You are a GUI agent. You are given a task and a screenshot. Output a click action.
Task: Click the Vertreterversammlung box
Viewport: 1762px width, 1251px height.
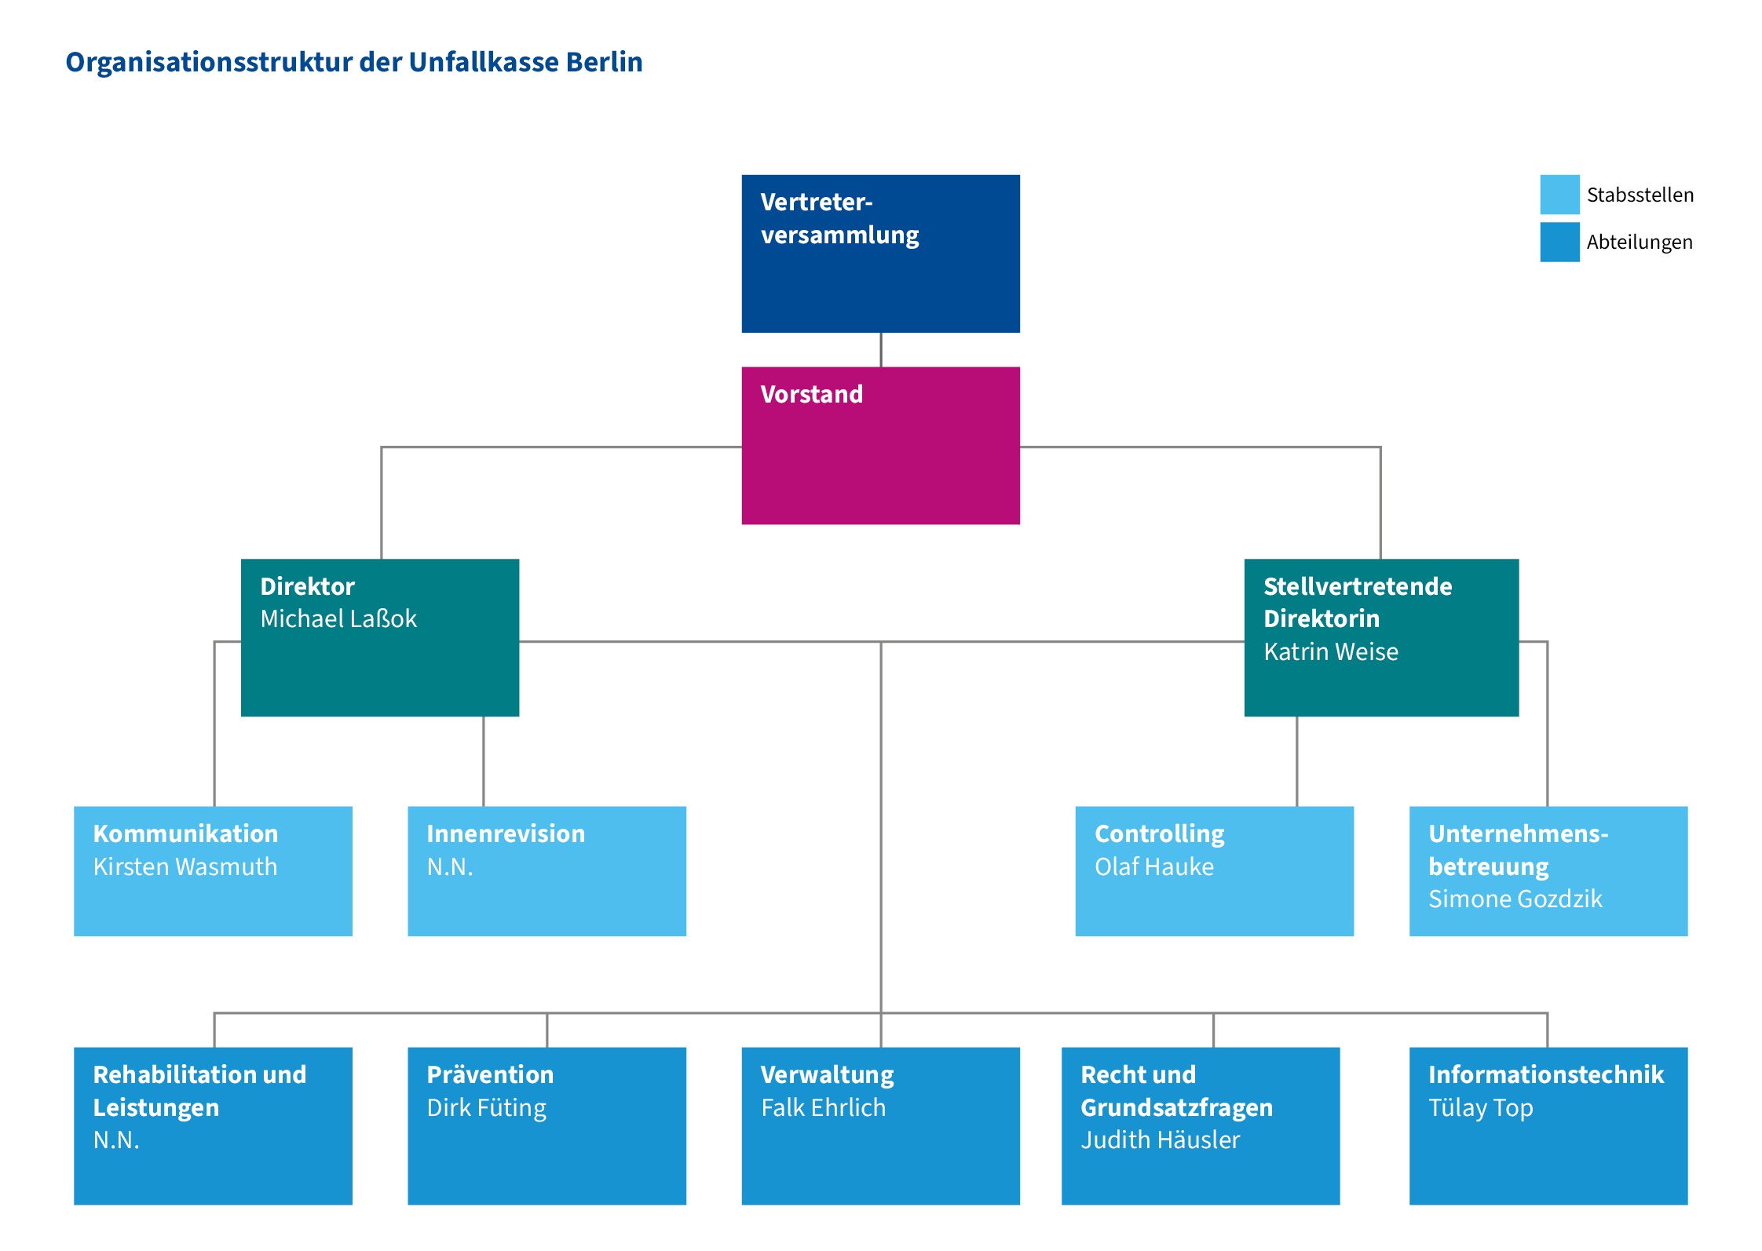tap(880, 253)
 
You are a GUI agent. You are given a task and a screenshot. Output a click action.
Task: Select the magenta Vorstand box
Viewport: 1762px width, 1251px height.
tap(880, 446)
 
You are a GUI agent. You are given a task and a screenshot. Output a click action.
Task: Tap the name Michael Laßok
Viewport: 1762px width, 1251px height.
tap(338, 619)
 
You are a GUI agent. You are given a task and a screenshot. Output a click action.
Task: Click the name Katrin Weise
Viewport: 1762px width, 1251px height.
tap(1331, 652)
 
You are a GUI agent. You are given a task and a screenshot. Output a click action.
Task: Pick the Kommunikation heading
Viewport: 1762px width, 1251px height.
tap(185, 833)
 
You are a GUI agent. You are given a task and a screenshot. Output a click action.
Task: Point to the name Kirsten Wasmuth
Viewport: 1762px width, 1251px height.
tap(185, 866)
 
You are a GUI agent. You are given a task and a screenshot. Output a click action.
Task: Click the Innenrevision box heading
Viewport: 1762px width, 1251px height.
tap(506, 833)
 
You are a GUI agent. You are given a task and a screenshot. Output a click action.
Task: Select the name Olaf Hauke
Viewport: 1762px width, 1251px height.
tap(1154, 866)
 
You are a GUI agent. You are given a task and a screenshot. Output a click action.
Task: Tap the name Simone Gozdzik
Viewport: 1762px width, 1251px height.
tap(1515, 899)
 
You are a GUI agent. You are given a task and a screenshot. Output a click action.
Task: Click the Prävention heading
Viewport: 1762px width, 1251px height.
tap(490, 1074)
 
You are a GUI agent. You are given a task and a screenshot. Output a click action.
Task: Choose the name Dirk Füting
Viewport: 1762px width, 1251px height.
tap(487, 1108)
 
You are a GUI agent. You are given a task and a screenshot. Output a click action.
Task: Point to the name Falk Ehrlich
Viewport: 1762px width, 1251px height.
tap(824, 1107)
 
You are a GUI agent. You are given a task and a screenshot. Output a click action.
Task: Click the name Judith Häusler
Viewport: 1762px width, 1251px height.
tap(1161, 1140)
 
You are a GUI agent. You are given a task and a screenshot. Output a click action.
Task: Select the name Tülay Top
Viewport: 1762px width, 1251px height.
tap(1481, 1108)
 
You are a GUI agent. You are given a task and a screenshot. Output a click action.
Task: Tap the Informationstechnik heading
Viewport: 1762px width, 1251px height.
tap(1546, 1074)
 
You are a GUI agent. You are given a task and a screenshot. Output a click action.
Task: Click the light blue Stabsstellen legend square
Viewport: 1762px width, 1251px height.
tap(1559, 195)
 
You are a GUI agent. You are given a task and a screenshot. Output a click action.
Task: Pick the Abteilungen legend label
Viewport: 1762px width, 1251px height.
tap(1640, 243)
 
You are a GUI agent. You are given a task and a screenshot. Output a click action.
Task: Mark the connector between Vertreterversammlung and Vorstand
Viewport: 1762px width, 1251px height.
tap(881, 350)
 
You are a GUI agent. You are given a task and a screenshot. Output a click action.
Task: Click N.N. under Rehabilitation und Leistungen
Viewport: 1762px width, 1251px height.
tap(116, 1140)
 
